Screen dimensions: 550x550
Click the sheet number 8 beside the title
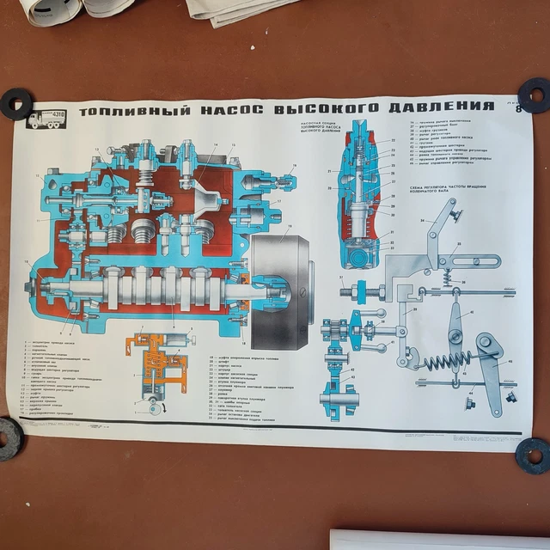pos(516,108)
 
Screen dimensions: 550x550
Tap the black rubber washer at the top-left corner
pos(15,103)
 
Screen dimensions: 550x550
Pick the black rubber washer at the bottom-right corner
pos(533,453)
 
